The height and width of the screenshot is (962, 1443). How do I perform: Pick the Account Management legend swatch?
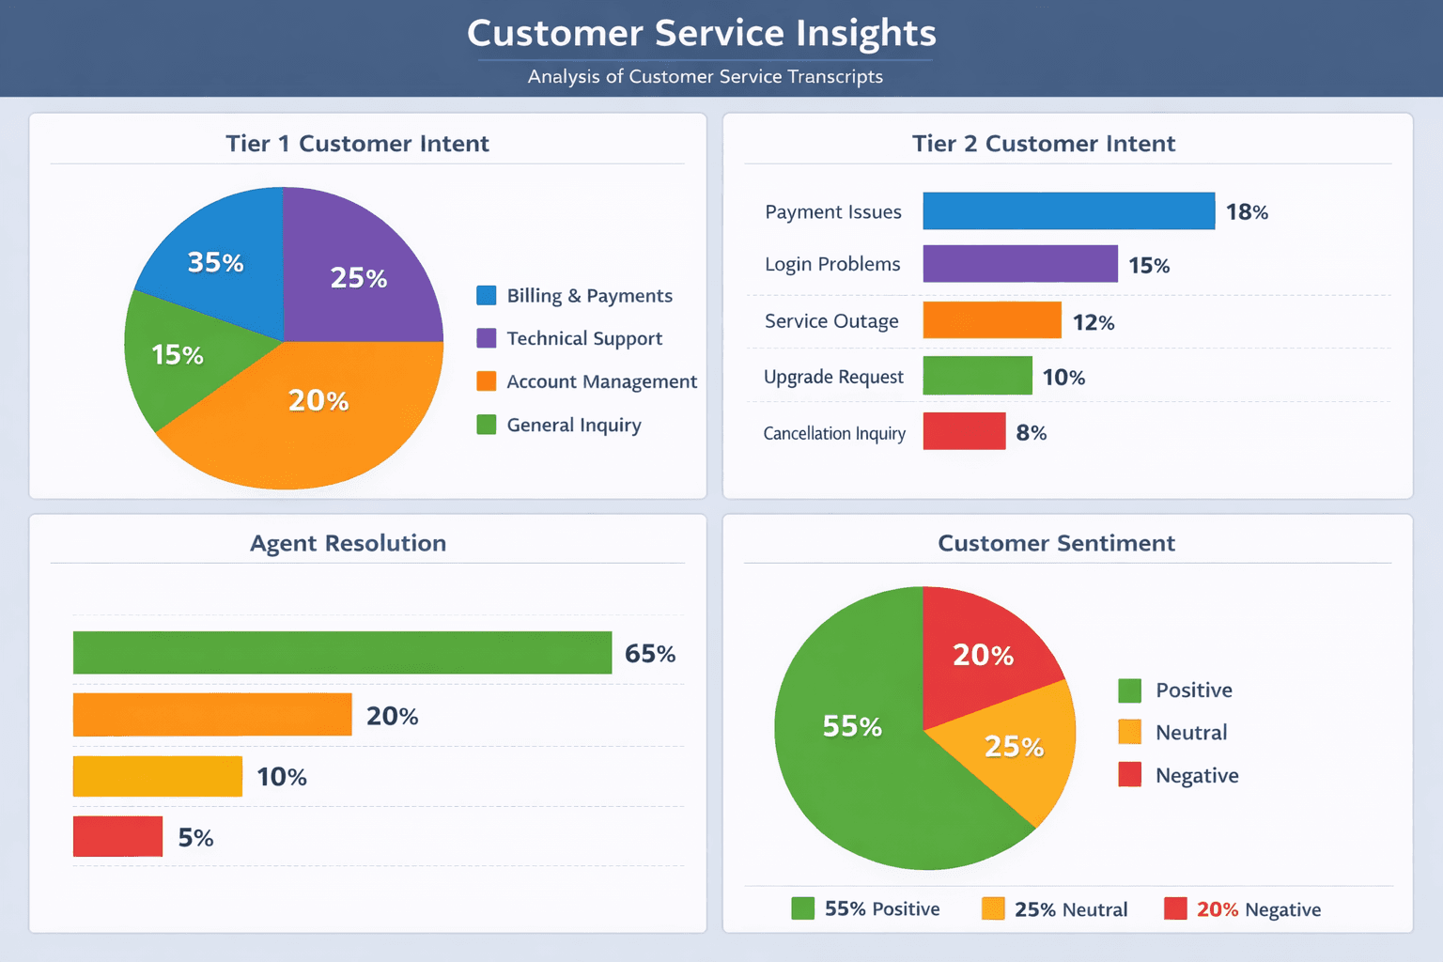487,380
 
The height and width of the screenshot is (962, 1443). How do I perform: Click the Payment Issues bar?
1068,211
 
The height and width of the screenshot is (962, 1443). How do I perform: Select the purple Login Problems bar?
1020,264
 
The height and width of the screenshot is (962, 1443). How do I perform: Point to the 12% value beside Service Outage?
1094,322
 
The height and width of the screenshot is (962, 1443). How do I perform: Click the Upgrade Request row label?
833,377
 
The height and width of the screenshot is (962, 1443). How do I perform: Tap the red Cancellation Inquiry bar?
964,431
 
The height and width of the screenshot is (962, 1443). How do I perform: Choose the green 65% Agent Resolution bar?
342,653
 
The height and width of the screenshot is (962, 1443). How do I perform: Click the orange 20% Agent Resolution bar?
212,715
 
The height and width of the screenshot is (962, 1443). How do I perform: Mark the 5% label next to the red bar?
195,837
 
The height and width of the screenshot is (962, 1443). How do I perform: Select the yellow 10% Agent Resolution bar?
158,777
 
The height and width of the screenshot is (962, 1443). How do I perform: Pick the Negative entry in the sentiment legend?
1196,775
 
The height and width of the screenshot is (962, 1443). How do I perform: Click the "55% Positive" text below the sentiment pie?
881,908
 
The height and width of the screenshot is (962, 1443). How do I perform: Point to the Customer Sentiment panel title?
1056,543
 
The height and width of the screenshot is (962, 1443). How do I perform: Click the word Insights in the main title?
866,33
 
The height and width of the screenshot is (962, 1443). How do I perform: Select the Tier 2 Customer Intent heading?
1043,143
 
